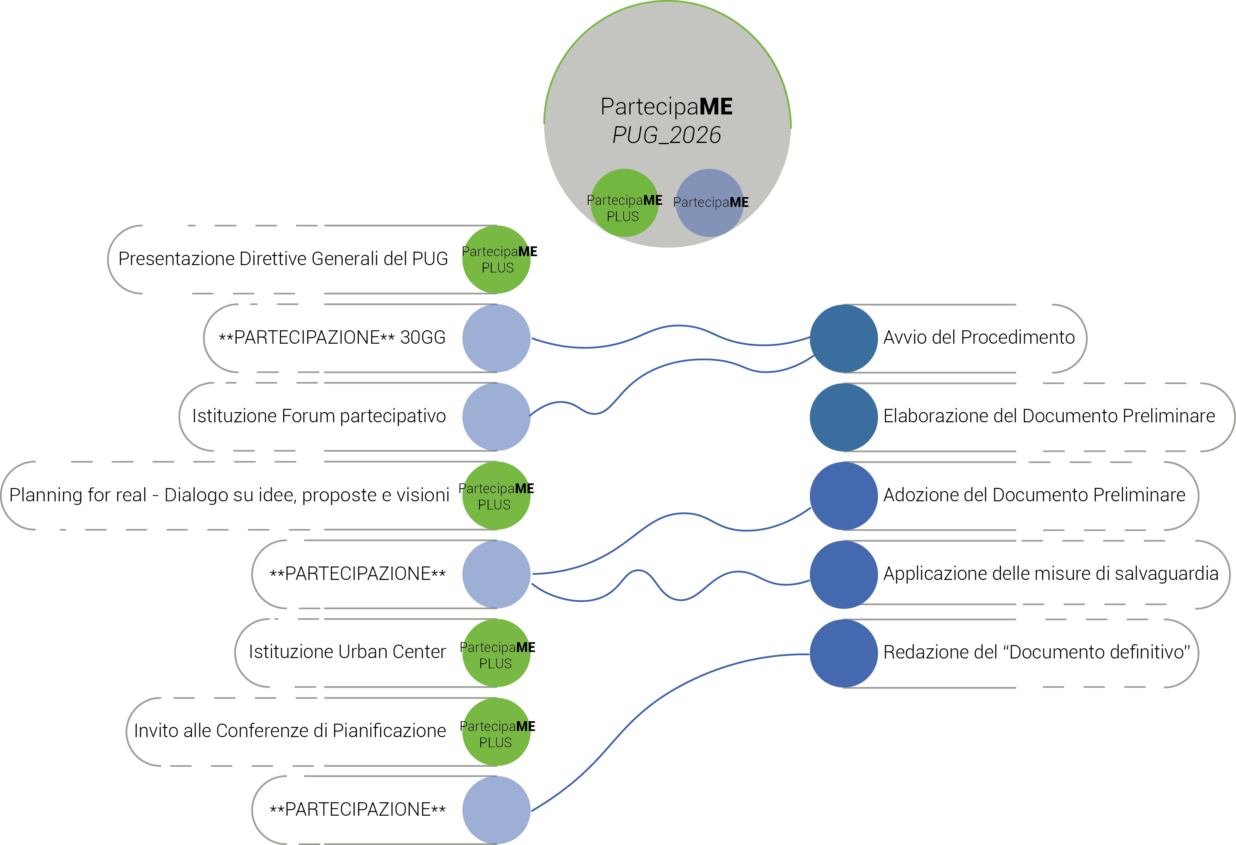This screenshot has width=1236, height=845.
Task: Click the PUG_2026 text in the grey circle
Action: point(666,135)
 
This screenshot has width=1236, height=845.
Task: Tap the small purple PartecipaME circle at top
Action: point(710,203)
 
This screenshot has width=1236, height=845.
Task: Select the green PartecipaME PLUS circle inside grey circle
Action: point(625,203)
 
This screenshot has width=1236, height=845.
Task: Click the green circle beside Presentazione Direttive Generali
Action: point(496,259)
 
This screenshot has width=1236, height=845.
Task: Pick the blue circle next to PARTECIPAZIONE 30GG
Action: point(496,338)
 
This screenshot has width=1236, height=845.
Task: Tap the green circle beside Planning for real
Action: point(496,496)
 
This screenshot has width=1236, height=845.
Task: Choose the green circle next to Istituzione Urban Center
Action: point(496,653)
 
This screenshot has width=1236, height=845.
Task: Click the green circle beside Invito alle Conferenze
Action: point(496,732)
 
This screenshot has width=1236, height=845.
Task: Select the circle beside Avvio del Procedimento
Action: point(844,338)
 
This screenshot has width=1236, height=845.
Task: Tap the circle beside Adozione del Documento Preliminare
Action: point(844,496)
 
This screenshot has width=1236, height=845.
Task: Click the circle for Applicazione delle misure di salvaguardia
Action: point(844,574)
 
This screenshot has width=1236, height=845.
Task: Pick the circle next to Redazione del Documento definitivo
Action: point(844,653)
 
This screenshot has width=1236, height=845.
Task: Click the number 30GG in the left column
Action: point(423,338)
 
